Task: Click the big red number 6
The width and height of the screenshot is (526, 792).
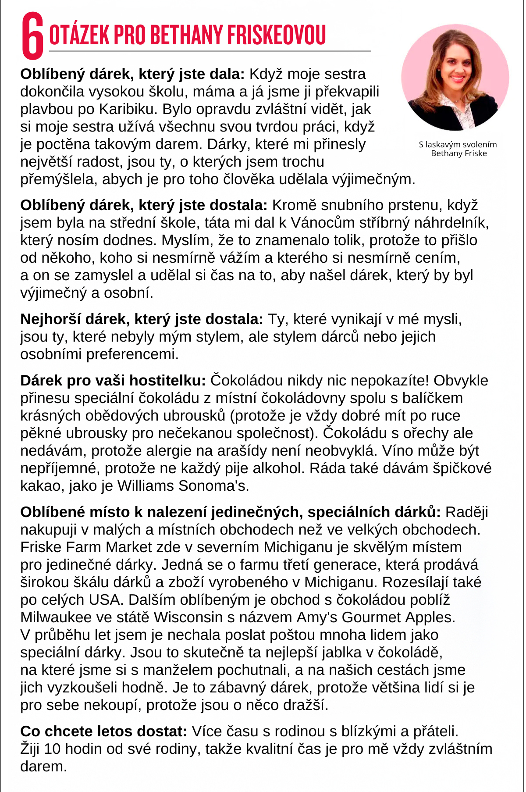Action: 33,36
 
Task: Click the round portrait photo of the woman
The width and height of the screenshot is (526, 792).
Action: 455,78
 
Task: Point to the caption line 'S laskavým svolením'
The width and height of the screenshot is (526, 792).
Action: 458,144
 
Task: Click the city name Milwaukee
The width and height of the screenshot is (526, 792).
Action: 56,617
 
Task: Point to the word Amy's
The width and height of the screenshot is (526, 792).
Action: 317,617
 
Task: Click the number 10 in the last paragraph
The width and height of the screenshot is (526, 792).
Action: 52,749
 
